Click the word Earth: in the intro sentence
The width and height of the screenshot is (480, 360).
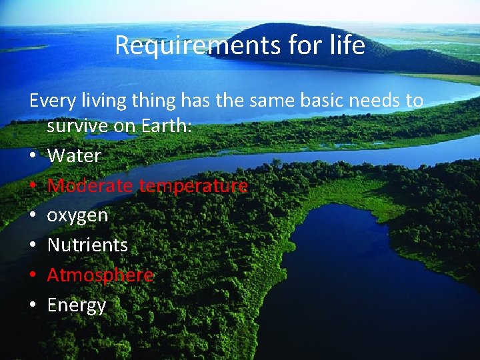[165, 126]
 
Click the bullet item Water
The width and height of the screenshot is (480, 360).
[74, 156]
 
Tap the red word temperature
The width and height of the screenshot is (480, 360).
[193, 186]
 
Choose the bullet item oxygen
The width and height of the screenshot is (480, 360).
[77, 216]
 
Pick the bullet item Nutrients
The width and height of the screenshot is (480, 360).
[87, 245]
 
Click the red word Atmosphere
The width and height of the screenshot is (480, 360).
[100, 275]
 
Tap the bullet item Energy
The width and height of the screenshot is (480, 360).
[77, 305]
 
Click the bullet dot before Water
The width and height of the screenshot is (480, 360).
[33, 157]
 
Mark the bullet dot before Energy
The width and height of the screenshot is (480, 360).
[33, 305]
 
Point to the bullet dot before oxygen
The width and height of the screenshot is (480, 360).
[33, 216]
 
